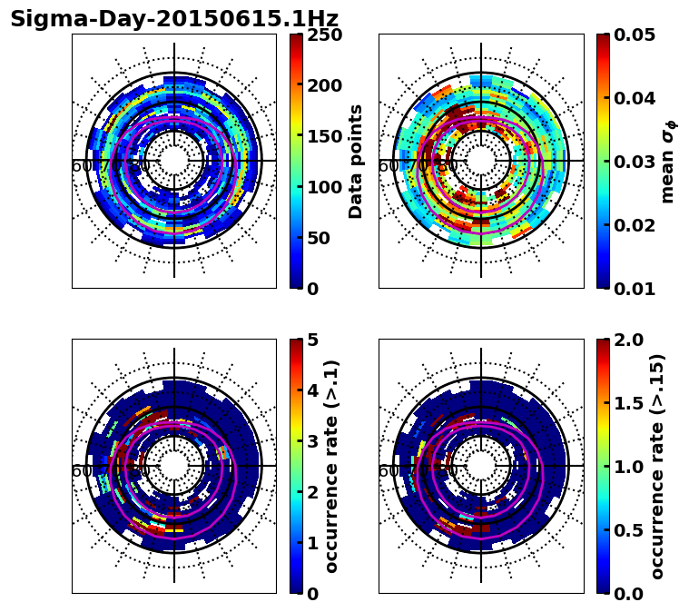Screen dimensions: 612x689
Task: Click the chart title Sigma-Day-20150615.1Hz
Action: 174,19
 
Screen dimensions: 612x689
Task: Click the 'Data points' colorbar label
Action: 356,161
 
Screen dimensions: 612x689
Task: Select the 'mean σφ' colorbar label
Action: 668,162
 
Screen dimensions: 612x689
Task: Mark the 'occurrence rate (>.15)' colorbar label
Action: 658,466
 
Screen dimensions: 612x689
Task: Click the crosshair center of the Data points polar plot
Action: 174,161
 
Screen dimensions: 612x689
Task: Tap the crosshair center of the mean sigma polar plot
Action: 481,161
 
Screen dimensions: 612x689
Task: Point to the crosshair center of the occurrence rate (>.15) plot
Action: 481,466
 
